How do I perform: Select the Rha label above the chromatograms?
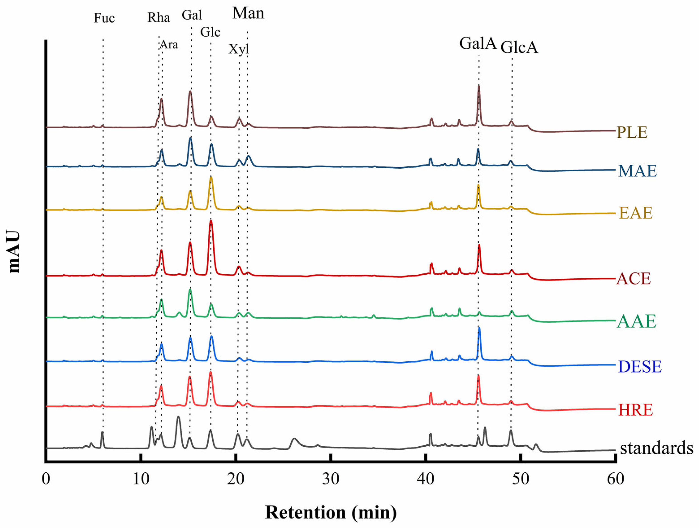(x=159, y=18)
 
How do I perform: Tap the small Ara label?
(x=169, y=45)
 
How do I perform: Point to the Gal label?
(x=192, y=15)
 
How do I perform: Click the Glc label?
(x=210, y=32)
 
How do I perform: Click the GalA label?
(x=478, y=43)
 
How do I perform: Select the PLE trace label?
(x=632, y=132)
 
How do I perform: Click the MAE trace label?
(x=637, y=171)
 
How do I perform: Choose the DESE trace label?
(x=640, y=367)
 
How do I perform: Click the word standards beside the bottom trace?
(x=657, y=448)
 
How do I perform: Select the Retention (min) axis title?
(x=330, y=512)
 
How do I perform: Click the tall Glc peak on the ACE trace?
(x=211, y=221)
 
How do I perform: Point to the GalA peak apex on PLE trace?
(x=479, y=86)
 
